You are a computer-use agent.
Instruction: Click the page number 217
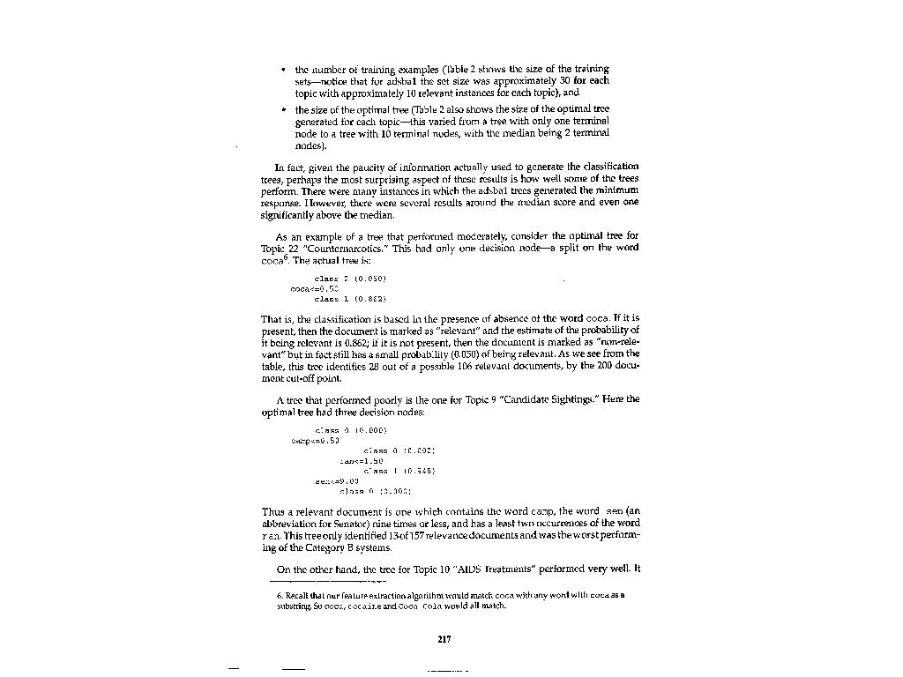click(x=444, y=640)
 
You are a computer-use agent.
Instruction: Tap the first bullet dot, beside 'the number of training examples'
click(x=282, y=69)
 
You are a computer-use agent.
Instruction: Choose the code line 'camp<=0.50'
click(x=315, y=438)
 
